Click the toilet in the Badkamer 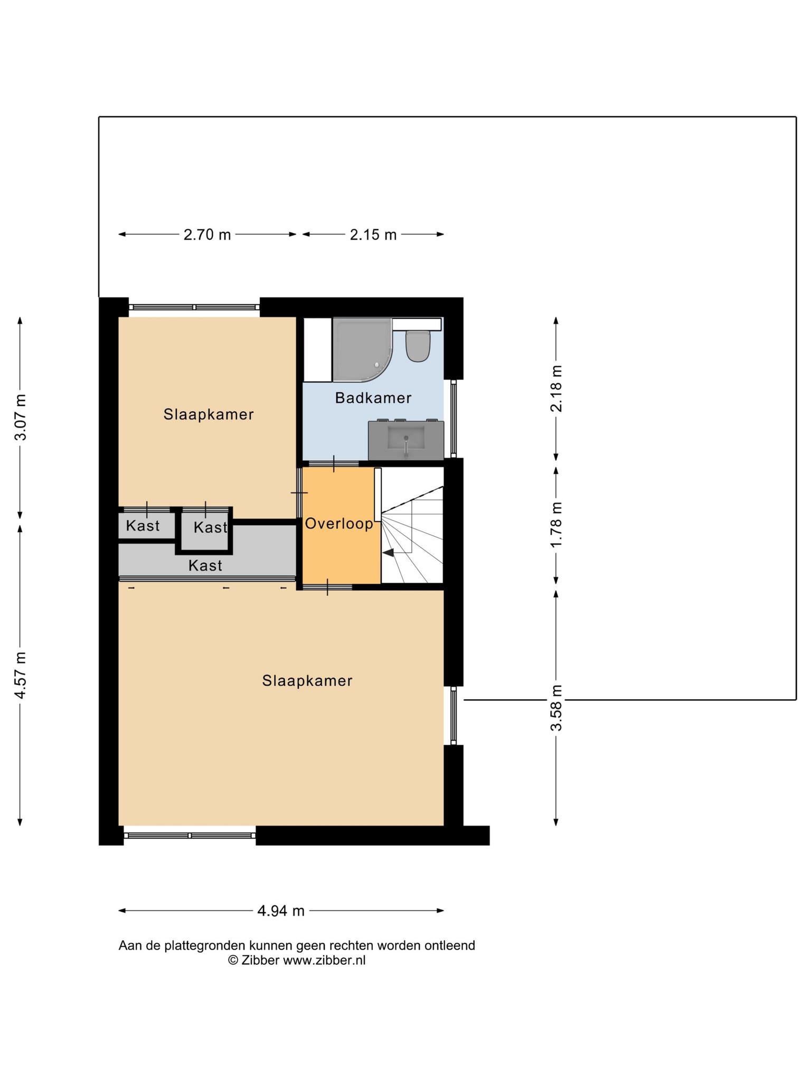click(417, 346)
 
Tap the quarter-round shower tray click(362, 349)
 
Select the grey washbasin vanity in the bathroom click(405, 440)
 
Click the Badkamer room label click(373, 398)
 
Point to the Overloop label click(340, 524)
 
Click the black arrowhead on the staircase click(388, 553)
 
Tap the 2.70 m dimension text click(207, 234)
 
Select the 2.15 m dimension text click(373, 234)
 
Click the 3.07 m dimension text click(20, 417)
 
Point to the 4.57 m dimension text click(20, 675)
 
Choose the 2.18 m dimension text click(557, 388)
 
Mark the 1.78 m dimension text click(557, 524)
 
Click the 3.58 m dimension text click(557, 707)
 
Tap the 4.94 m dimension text click(281, 911)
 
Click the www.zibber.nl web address click(324, 960)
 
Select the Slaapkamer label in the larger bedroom click(307, 681)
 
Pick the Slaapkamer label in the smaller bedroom click(209, 414)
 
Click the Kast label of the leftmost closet click(143, 526)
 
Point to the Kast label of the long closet click(205, 566)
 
